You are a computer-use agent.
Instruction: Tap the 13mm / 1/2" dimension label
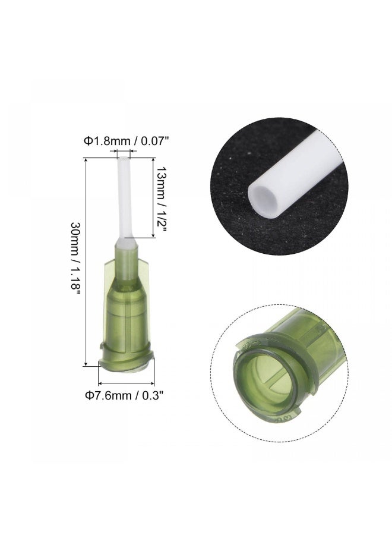point(160,199)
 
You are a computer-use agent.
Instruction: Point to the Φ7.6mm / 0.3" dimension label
point(124,395)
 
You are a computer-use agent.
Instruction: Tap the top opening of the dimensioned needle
point(123,158)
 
